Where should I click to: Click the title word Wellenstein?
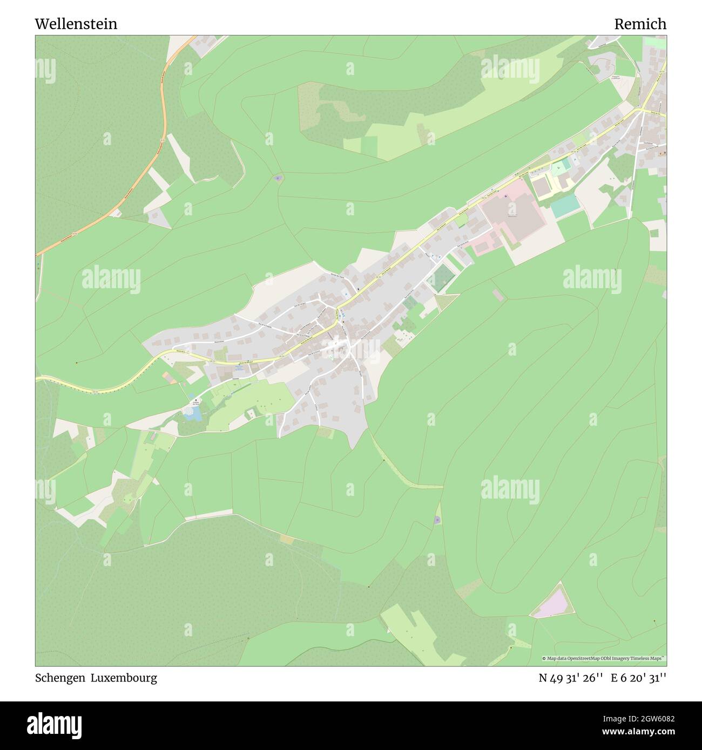pyautogui.click(x=76, y=24)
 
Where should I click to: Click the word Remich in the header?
pyautogui.click(x=640, y=24)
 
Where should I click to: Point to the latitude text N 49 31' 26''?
pyautogui.click(x=570, y=678)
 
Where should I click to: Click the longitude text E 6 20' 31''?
pyautogui.click(x=638, y=678)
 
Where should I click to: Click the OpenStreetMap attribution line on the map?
pyautogui.click(x=604, y=658)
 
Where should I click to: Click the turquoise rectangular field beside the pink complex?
pyautogui.click(x=565, y=207)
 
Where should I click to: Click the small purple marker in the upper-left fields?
pyautogui.click(x=278, y=178)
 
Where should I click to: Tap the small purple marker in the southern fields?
pyautogui.click(x=437, y=520)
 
